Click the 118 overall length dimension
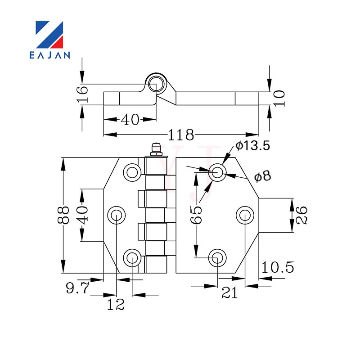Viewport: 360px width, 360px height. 181,135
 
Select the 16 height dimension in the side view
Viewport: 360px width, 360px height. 83,94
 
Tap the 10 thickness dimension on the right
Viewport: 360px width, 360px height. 279,98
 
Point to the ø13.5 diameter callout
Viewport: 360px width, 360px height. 252,145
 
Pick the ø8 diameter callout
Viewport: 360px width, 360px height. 263,176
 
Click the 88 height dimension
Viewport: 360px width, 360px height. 63,215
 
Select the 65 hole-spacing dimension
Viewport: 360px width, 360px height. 196,215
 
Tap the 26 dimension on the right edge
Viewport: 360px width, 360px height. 301,215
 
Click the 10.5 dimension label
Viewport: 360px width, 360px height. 278,267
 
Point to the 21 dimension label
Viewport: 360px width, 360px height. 229,293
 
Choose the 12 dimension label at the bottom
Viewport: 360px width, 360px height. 116,305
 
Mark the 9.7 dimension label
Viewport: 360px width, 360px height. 77,288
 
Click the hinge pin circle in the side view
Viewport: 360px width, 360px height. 156,84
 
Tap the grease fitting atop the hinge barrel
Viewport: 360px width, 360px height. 156,149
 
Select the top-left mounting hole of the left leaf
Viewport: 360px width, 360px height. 132,172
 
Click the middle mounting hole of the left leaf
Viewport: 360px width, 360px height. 117,215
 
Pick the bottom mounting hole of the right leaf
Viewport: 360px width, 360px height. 217,258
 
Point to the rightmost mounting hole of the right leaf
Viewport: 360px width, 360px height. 245,215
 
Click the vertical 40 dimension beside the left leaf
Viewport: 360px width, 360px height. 82,215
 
